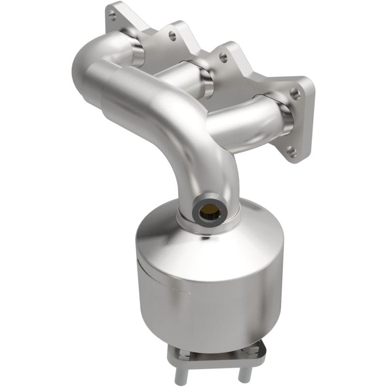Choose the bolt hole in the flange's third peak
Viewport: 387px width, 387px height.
223,57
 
